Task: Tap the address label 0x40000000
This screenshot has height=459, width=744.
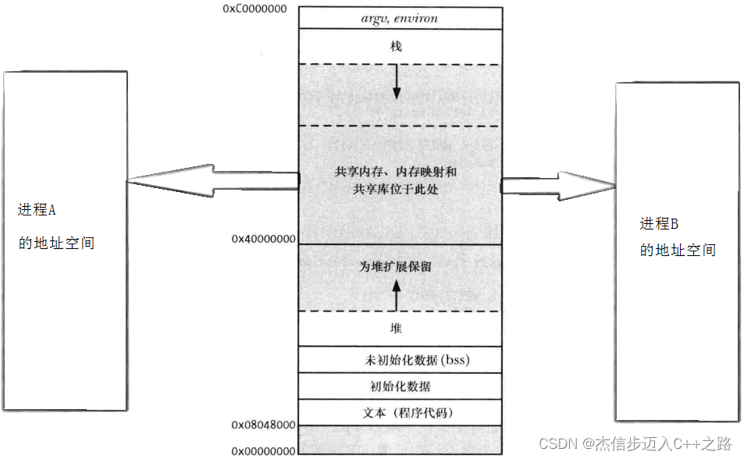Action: pyautogui.click(x=262, y=239)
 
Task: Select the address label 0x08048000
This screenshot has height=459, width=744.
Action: pyautogui.click(x=262, y=425)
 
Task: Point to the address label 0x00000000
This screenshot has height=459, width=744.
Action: pyautogui.click(x=262, y=450)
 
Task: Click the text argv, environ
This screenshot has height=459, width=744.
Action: pyautogui.click(x=400, y=17)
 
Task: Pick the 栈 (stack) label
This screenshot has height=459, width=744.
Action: pyautogui.click(x=397, y=47)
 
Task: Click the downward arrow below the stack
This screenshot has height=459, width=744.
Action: pyautogui.click(x=397, y=83)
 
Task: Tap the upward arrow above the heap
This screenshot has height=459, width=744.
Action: pyautogui.click(x=397, y=295)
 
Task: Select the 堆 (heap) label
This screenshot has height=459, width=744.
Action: pyautogui.click(x=397, y=329)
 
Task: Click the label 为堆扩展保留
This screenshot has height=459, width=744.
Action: pyautogui.click(x=396, y=267)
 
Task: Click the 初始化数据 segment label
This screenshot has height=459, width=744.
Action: pyautogui.click(x=400, y=386)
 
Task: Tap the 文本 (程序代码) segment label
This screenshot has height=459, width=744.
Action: pyautogui.click(x=400, y=412)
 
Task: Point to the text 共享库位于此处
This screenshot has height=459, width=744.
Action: pyautogui.click(x=396, y=189)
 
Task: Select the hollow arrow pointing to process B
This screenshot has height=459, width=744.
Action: pyautogui.click(x=557, y=186)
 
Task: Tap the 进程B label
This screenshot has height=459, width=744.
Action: pyautogui.click(x=659, y=224)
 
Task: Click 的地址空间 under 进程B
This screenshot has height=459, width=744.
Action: pyautogui.click(x=678, y=251)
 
